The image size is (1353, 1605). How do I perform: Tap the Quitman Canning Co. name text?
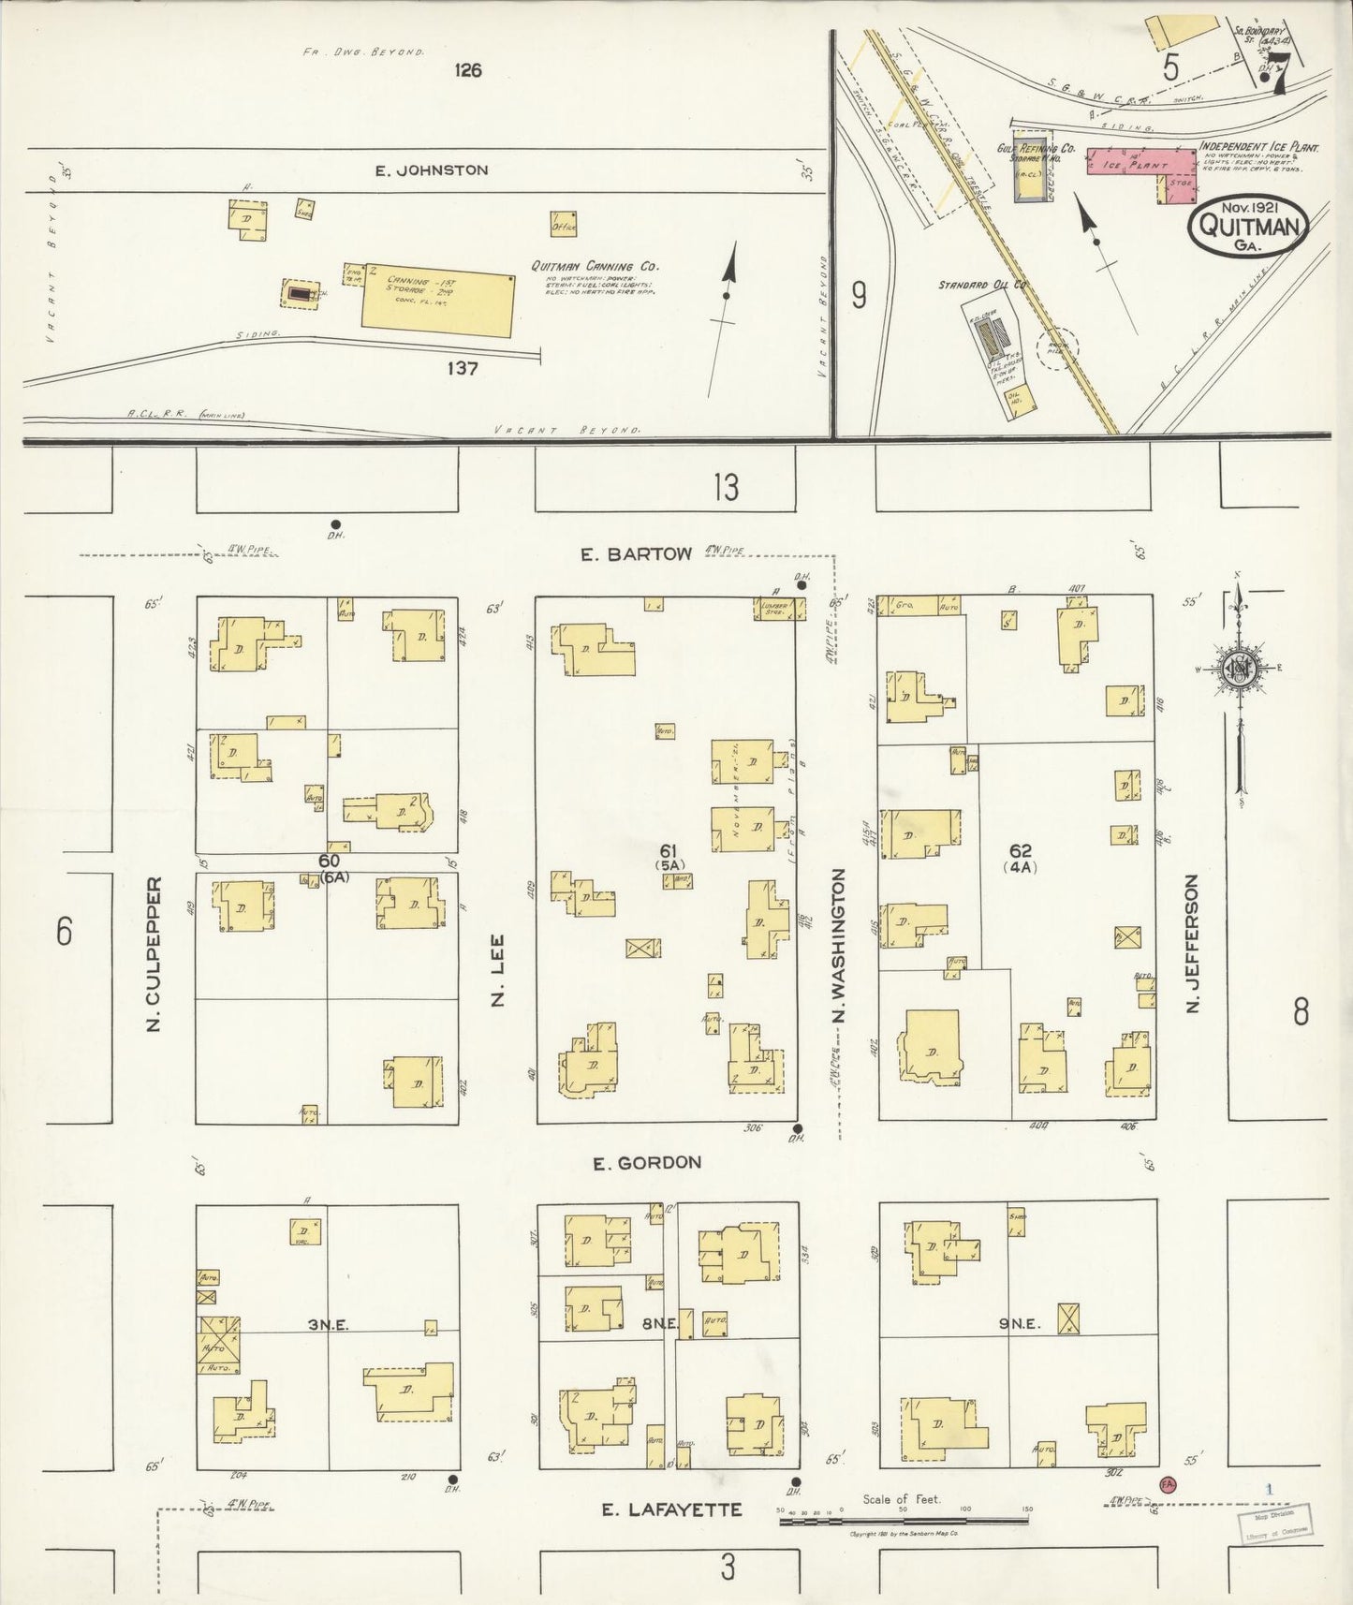tap(586, 266)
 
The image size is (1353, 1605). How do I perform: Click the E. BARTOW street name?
tap(635, 554)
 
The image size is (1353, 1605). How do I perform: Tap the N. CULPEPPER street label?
tap(154, 954)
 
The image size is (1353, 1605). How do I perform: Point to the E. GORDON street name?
tap(646, 1163)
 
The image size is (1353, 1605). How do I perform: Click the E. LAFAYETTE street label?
tap(671, 1509)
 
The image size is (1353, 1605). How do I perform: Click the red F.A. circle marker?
tap(1167, 1483)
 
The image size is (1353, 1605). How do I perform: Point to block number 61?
tap(668, 850)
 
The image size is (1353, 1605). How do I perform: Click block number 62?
tap(1020, 850)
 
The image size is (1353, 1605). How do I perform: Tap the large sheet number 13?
tap(725, 487)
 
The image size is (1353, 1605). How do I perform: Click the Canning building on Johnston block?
tap(438, 300)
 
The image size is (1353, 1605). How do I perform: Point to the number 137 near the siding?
tap(462, 368)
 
